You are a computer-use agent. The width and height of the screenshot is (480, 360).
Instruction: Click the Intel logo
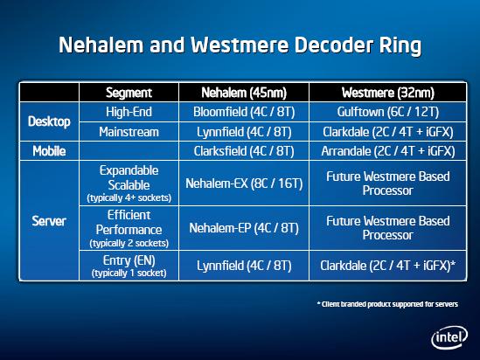[x=449, y=337]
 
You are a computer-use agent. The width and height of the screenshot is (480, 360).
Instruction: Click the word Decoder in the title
[x=334, y=45]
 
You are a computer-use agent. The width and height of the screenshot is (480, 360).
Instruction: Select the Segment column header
[x=129, y=93]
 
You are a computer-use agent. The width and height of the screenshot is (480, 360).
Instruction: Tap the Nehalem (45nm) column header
[x=244, y=93]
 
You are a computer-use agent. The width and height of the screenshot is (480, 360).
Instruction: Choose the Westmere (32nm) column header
[x=388, y=93]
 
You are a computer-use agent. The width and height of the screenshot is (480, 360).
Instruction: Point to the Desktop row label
[x=49, y=121]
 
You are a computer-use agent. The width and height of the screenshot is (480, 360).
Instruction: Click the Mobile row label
[x=49, y=151]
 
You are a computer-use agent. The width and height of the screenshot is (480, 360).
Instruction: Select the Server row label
[x=49, y=221]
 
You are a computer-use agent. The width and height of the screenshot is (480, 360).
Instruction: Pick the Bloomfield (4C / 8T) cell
[x=244, y=112]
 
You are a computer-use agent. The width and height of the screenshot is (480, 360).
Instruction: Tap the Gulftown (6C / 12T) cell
[x=388, y=112]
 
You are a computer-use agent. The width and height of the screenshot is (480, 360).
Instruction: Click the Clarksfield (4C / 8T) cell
[x=244, y=151]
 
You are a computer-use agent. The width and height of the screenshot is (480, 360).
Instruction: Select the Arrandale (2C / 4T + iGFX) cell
[x=388, y=151]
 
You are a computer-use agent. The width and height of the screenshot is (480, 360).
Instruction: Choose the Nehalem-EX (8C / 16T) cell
[x=244, y=183]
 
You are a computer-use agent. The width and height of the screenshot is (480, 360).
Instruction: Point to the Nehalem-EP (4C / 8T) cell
[x=244, y=228]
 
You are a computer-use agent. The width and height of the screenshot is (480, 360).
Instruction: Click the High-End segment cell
[x=129, y=112]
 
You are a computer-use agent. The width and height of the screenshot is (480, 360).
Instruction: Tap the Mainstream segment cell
[x=129, y=132]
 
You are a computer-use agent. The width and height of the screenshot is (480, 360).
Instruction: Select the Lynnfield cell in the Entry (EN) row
[x=244, y=266]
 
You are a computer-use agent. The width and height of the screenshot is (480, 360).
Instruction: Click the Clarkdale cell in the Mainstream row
[x=388, y=132]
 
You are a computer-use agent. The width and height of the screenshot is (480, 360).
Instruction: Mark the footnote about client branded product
[x=387, y=304]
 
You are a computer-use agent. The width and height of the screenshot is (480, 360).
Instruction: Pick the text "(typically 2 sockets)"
[x=129, y=243]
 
